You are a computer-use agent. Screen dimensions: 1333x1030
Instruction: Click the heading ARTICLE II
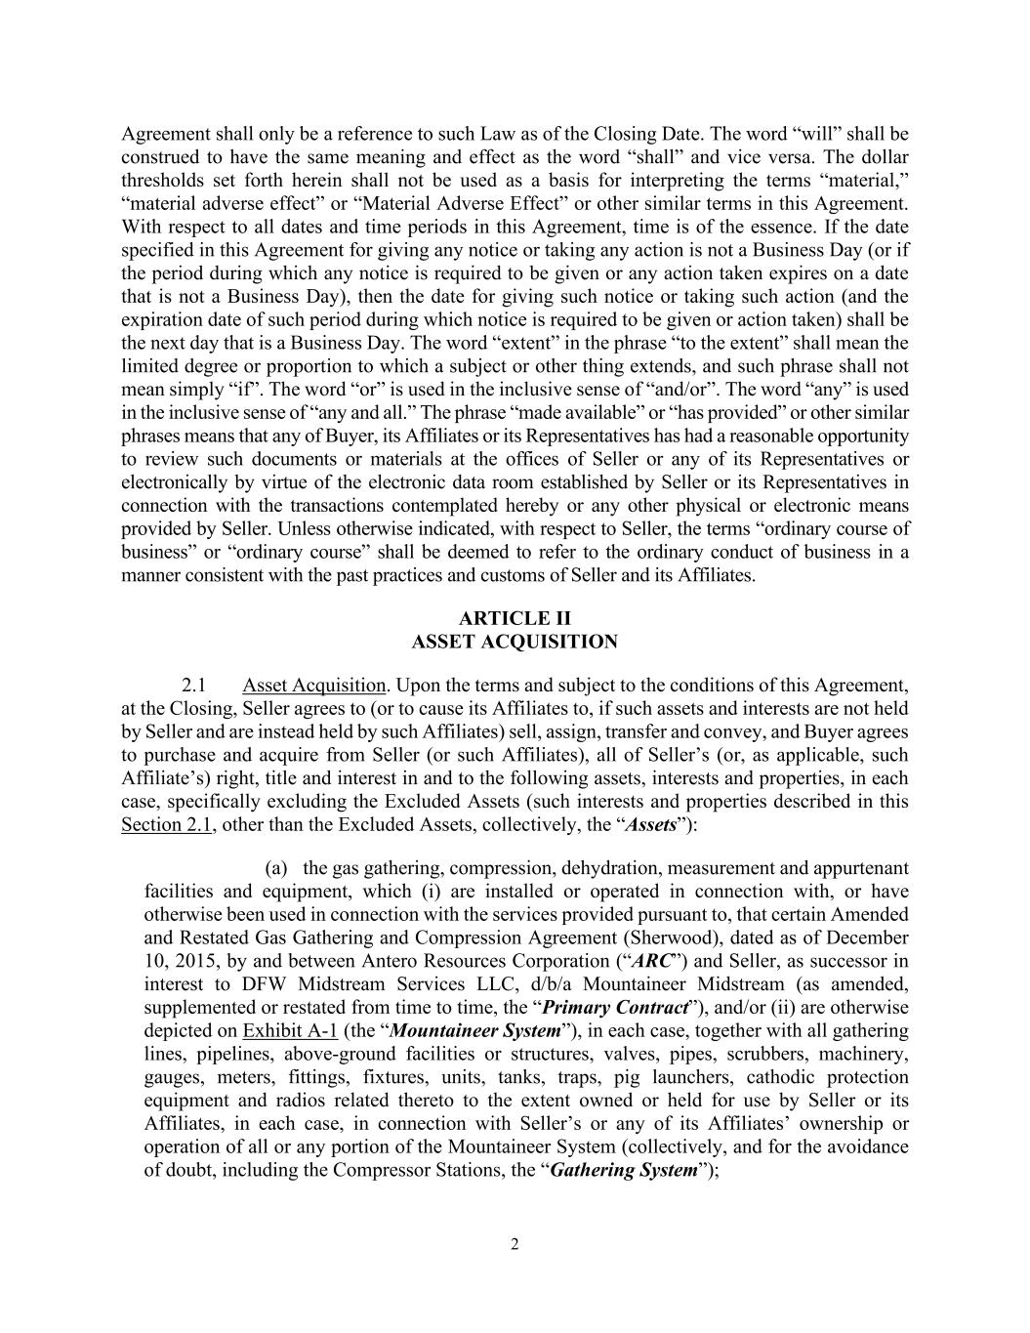tap(515, 618)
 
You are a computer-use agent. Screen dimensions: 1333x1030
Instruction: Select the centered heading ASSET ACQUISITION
tap(515, 642)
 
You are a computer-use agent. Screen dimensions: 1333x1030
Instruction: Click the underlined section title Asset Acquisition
tap(313, 685)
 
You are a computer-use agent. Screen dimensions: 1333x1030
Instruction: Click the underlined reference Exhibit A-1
tap(290, 1031)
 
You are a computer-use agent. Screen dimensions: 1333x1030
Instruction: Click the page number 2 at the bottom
tap(515, 1244)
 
